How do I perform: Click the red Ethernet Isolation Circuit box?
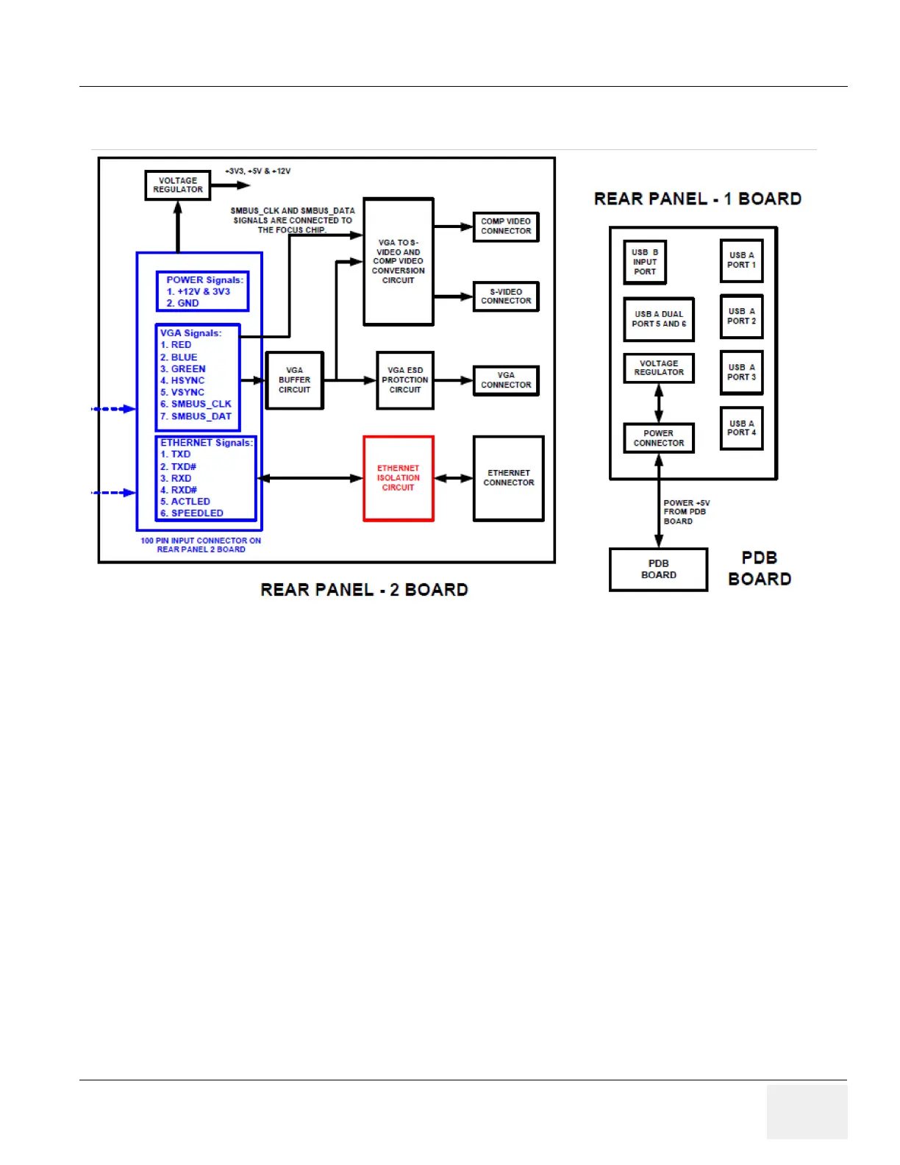click(399, 478)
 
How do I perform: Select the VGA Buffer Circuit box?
click(294, 380)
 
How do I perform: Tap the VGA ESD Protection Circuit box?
click(405, 380)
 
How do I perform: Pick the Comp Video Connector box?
click(506, 227)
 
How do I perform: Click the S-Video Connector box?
click(506, 296)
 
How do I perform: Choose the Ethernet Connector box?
click(509, 478)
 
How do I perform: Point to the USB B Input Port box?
click(645, 262)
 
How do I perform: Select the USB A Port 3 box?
click(741, 372)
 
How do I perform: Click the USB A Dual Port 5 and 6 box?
click(659, 319)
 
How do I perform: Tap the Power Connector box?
click(659, 438)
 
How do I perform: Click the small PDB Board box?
click(659, 569)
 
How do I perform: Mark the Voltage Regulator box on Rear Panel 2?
click(178, 185)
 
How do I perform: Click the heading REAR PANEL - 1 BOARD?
click(697, 199)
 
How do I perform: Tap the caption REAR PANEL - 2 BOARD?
click(364, 590)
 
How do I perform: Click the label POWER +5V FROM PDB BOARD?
click(686, 512)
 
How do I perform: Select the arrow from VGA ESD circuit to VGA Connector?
click(453, 380)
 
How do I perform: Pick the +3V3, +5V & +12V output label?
click(258, 171)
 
